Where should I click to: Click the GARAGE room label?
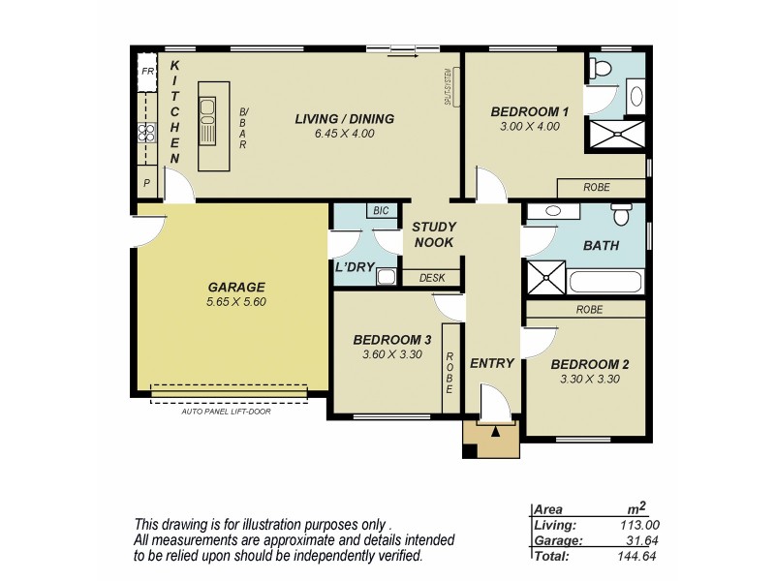pyautogui.click(x=235, y=288)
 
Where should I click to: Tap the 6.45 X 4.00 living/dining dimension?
pyautogui.click(x=344, y=134)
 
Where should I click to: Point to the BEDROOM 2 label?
pyautogui.click(x=589, y=365)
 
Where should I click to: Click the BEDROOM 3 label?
pyautogui.click(x=391, y=340)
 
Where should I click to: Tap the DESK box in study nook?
pyautogui.click(x=432, y=278)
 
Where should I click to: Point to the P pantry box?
pyautogui.click(x=147, y=182)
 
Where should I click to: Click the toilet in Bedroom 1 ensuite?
pyautogui.click(x=601, y=69)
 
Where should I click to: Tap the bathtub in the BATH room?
pyautogui.click(x=605, y=283)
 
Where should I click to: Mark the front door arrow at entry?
pyautogui.click(x=495, y=430)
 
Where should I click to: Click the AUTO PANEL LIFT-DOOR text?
pyautogui.click(x=226, y=412)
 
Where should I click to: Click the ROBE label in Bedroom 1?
pyautogui.click(x=597, y=188)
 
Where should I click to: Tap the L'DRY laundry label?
pyautogui.click(x=355, y=267)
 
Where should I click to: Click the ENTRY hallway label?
pyautogui.click(x=491, y=363)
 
